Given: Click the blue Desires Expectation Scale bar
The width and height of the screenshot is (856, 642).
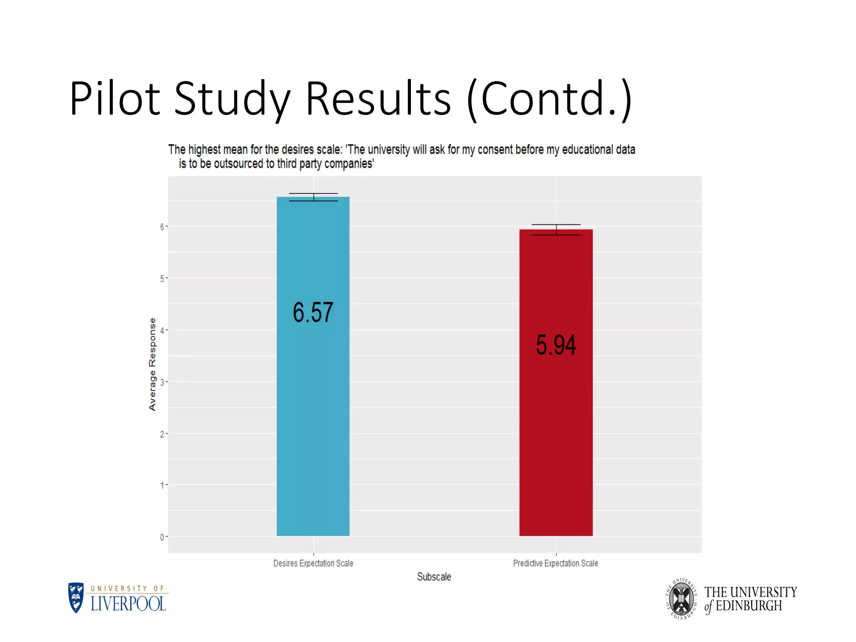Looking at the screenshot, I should [x=313, y=418].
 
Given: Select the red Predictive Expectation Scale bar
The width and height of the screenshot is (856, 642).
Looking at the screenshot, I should [x=556, y=439].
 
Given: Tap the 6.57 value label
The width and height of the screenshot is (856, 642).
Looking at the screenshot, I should [x=313, y=312].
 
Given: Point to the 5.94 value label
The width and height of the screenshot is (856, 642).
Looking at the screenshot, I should [x=556, y=345].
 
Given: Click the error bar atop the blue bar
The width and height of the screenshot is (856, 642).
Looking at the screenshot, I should [x=313, y=197].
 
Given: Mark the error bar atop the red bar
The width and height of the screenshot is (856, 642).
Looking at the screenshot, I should [x=556, y=229].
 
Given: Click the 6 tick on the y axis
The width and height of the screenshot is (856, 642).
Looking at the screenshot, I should [x=162, y=227].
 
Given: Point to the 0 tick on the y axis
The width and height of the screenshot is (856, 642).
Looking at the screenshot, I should [x=162, y=537].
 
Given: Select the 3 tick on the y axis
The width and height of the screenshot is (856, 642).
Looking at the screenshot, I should [x=162, y=382].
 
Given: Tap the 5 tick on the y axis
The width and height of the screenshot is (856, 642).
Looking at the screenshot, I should [x=162, y=278].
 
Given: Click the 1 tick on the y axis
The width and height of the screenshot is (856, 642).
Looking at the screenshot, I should [x=162, y=485].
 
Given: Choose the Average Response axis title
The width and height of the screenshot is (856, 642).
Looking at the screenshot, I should [x=152, y=364].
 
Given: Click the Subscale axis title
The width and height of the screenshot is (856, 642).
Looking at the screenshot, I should [x=434, y=577].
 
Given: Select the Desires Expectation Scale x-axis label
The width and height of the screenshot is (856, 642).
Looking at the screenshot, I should [x=313, y=563].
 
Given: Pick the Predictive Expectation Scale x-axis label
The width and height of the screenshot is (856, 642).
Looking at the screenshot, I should [x=555, y=563].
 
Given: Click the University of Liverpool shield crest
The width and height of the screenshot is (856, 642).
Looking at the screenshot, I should [x=76, y=598].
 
